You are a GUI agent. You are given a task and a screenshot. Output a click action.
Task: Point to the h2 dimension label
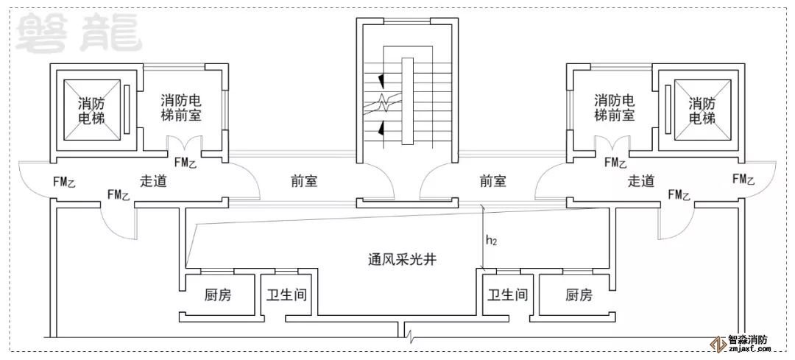tap(490, 239)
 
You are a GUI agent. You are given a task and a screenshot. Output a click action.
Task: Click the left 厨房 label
tap(217, 295)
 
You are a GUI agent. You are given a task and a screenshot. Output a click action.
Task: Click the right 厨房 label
tap(579, 295)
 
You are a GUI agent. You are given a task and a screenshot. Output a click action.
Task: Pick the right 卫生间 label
tap(508, 295)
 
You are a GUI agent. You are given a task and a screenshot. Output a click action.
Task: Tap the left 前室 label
tap(306, 181)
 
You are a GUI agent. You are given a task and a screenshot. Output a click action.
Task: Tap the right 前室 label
tap(493, 181)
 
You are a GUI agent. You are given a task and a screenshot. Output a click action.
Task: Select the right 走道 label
tap(641, 181)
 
